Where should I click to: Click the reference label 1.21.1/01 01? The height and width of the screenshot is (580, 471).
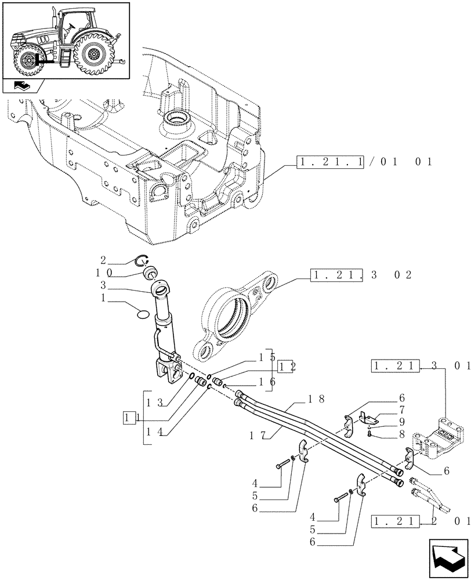(x=364, y=162)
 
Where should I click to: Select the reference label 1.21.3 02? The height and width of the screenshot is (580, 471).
(x=361, y=274)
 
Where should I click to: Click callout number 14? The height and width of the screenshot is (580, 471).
(x=154, y=431)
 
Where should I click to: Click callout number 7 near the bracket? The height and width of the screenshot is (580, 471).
(x=401, y=410)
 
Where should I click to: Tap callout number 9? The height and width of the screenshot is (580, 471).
(x=401, y=421)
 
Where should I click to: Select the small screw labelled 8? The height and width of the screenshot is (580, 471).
(x=369, y=432)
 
